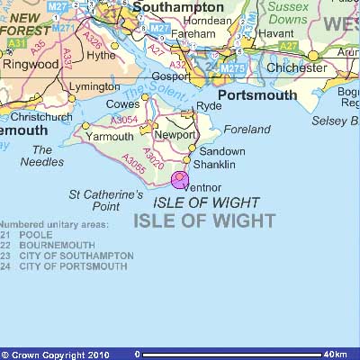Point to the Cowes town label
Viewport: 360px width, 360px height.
[124, 104]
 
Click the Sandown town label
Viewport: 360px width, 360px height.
[221, 151]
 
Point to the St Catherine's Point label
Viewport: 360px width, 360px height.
[106, 200]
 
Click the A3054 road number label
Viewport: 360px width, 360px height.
[125, 120]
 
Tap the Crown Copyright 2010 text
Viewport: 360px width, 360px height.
[56, 355]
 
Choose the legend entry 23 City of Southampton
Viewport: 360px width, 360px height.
[67, 256]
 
